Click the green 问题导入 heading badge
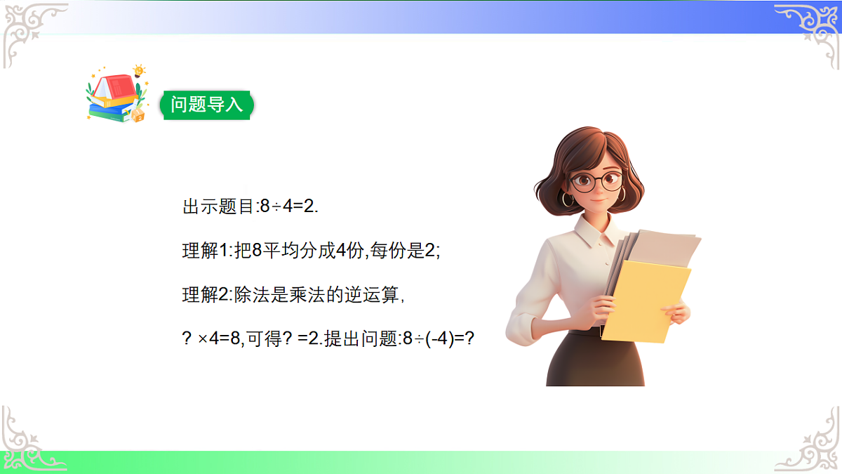(206, 105)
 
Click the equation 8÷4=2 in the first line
(289, 207)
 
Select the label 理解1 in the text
(201, 251)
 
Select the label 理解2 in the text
(201, 295)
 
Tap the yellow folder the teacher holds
(644, 298)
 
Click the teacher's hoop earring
(567, 200)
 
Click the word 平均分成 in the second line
(298, 251)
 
